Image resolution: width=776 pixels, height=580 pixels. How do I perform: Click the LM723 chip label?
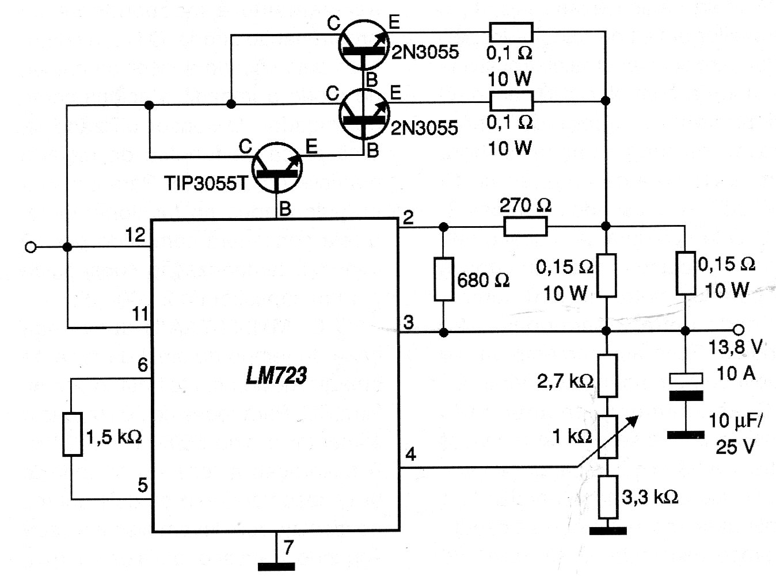coord(276,375)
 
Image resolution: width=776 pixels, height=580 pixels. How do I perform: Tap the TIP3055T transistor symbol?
coord(277,168)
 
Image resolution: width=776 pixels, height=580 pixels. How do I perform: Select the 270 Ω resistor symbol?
coord(526,227)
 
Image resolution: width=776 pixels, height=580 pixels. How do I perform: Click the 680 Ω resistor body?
coord(444,279)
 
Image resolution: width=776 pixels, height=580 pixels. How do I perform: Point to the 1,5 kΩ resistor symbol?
coord(73,434)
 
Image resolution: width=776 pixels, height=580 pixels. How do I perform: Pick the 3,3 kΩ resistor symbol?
coord(608,497)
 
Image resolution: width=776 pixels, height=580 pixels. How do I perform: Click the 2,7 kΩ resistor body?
coord(608,376)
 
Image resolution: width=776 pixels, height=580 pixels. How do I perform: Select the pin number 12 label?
coord(135,235)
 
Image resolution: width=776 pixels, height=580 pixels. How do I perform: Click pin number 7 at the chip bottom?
coord(288,547)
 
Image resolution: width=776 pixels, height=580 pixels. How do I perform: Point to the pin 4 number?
coord(410,454)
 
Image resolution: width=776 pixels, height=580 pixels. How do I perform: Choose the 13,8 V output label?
coord(735,347)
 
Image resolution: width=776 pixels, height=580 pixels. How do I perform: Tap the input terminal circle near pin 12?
coord(31,247)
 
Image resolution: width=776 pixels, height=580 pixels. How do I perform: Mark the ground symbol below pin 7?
coord(276,567)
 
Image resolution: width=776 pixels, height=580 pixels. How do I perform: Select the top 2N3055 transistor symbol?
coord(364,45)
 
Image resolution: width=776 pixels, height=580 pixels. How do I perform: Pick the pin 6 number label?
coord(142,365)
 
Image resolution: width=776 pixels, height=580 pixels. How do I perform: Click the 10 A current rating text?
coord(736,373)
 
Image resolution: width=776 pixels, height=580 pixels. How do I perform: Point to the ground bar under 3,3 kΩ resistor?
coord(608,531)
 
